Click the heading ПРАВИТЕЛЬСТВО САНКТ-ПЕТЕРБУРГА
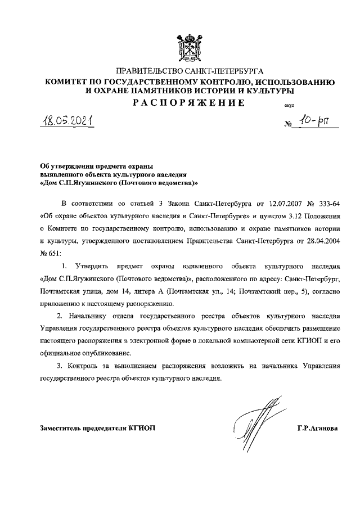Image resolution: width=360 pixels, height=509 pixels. click(x=190, y=71)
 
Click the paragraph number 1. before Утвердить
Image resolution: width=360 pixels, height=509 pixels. click(x=65, y=267)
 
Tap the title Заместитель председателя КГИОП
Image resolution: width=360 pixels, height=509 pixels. click(x=97, y=428)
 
